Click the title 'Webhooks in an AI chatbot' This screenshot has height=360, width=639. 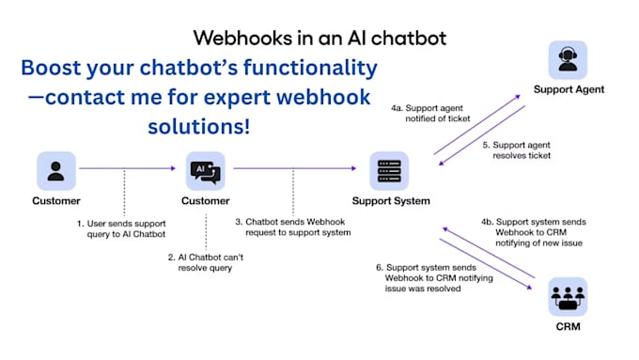319,38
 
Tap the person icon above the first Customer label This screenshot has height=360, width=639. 56,170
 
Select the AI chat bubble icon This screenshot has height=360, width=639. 205,170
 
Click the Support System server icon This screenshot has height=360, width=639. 390,170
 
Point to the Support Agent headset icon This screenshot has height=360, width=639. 569,59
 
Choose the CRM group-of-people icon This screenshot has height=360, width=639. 569,296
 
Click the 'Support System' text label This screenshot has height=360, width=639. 391,201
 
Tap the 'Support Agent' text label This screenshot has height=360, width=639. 569,90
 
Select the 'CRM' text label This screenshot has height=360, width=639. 569,327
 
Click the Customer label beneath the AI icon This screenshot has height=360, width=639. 205,201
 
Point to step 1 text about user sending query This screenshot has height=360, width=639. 122,228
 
